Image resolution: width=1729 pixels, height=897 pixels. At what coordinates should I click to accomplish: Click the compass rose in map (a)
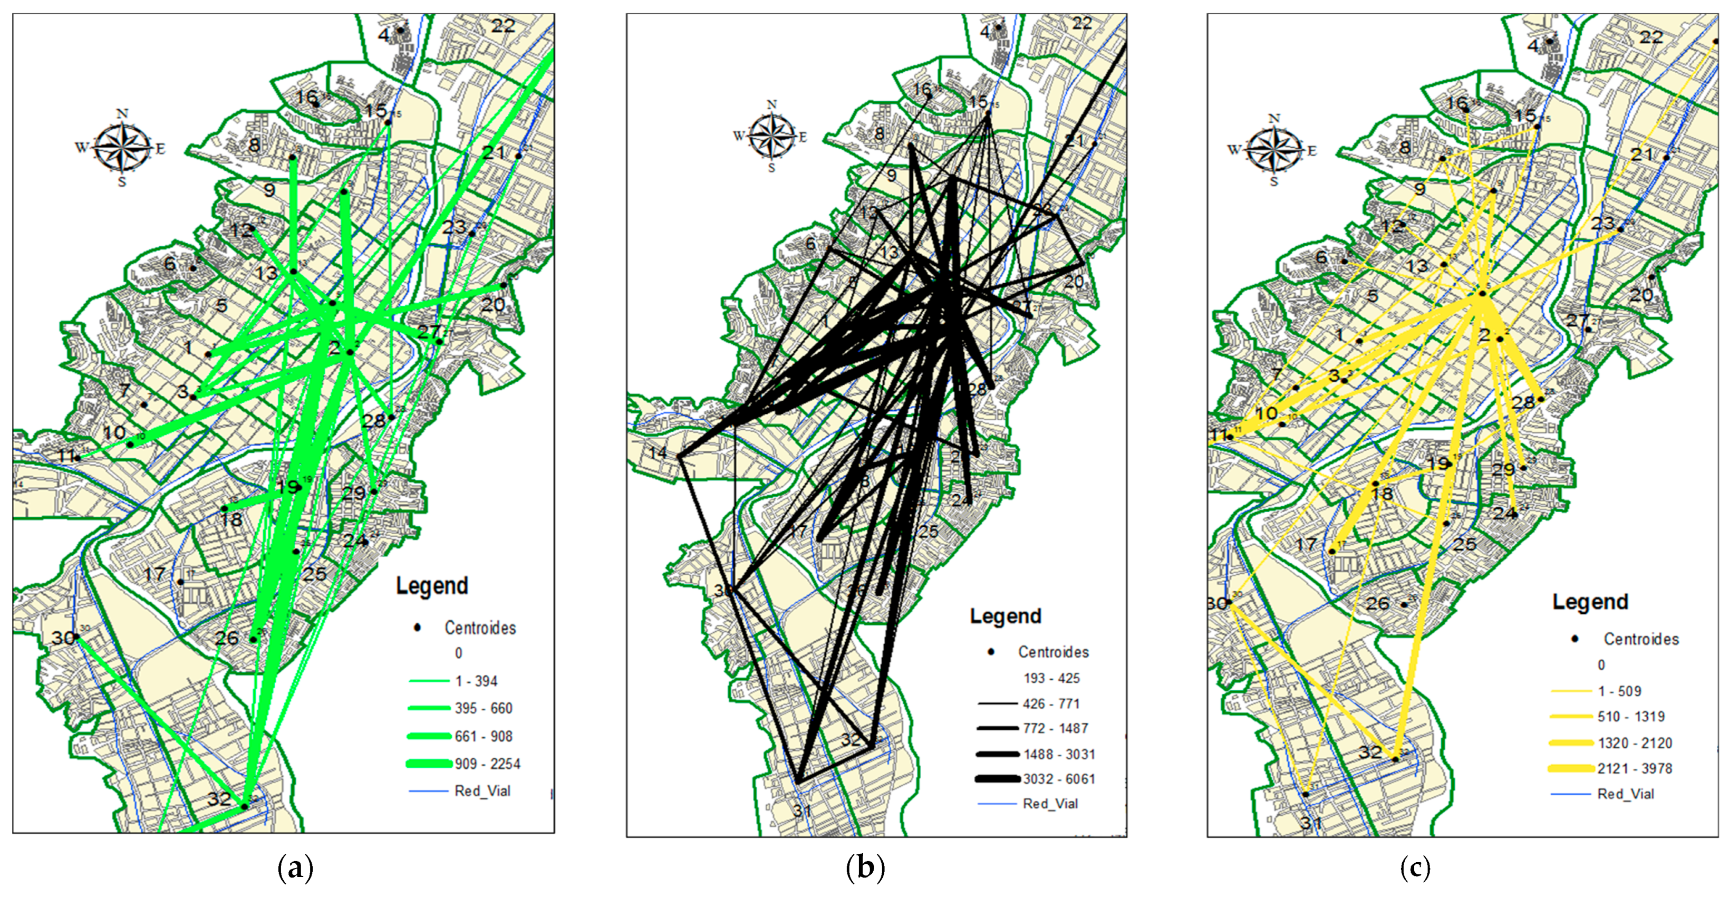(121, 148)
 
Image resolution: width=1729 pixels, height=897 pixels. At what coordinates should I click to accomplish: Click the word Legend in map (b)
(1005, 616)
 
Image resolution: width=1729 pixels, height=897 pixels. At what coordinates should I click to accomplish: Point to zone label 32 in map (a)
(219, 798)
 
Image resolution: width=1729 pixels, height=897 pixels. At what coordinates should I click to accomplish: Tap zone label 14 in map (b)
(658, 452)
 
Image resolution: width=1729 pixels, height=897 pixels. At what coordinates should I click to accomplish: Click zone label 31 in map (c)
(1311, 823)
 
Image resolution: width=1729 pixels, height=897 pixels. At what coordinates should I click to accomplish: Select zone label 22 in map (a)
(503, 26)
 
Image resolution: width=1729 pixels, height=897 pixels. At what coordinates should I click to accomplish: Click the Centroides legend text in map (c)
(1640, 639)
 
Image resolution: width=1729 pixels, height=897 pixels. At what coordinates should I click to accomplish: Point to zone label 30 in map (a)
(63, 637)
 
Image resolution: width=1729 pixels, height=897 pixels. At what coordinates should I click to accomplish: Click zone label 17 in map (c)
(1306, 543)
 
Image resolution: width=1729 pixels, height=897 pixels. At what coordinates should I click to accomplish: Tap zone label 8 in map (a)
(254, 144)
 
